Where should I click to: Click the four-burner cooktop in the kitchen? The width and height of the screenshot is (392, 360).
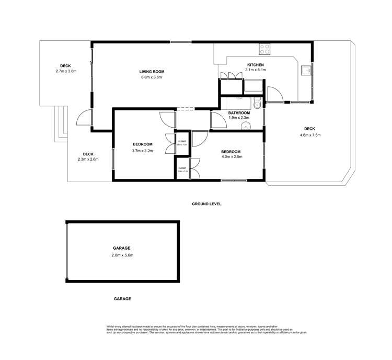coord(265,50)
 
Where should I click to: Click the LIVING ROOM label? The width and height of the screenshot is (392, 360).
coord(152,72)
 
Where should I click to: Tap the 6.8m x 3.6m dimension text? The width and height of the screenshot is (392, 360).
coord(152,78)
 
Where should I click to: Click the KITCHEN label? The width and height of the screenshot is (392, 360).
coord(256,65)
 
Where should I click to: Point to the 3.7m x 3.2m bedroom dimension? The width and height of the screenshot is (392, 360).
coord(142,151)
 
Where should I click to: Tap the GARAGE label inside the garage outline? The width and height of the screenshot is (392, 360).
coord(122,249)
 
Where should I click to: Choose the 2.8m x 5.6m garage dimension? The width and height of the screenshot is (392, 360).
coord(122,255)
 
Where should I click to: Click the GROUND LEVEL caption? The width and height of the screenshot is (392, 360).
coord(206,204)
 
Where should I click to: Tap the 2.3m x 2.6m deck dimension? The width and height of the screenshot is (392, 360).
coord(88,160)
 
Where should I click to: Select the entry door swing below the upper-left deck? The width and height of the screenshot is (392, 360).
coord(83,118)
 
